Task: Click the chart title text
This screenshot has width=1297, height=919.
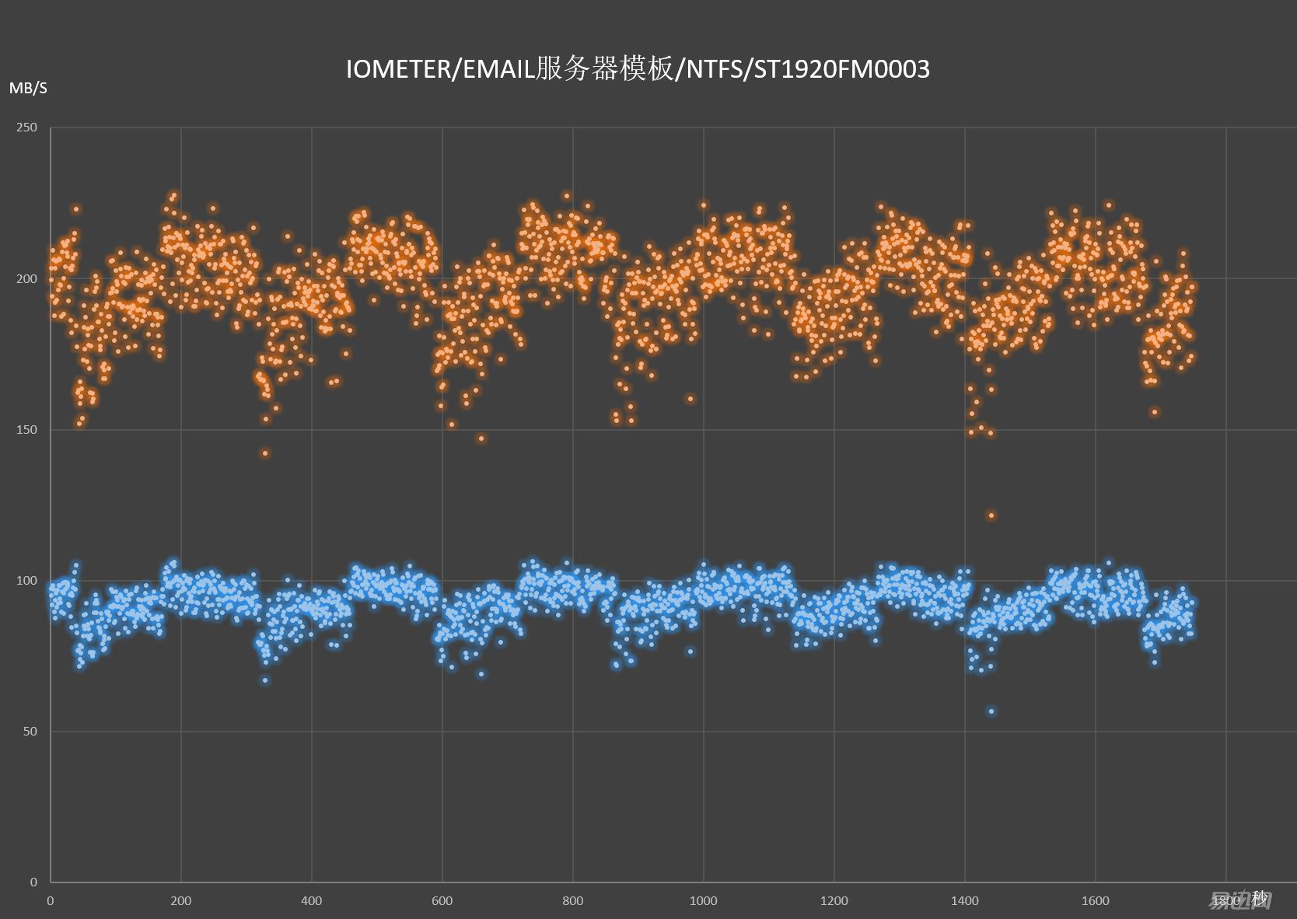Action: (x=638, y=69)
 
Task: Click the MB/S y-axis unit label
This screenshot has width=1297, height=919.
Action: (x=28, y=89)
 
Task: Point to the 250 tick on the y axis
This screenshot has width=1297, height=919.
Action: (x=27, y=128)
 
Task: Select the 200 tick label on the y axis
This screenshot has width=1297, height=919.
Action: (x=27, y=278)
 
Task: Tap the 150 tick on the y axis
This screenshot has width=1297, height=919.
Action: (x=27, y=429)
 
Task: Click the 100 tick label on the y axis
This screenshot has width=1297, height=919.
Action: (x=27, y=580)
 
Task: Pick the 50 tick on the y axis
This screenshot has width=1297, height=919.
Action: (x=30, y=731)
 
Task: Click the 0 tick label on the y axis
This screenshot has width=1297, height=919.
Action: (x=33, y=882)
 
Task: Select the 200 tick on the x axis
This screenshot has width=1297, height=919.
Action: (x=180, y=900)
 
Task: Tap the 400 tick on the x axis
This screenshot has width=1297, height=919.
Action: (x=311, y=900)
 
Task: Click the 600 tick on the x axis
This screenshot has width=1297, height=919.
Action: (x=442, y=900)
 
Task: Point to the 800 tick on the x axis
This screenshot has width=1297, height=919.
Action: (x=572, y=900)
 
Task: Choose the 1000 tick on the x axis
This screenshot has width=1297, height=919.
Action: (x=703, y=900)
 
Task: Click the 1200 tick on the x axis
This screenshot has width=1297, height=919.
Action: (x=834, y=900)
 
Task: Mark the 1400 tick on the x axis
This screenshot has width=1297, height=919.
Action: (x=964, y=900)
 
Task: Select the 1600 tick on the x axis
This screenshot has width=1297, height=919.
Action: (x=1095, y=900)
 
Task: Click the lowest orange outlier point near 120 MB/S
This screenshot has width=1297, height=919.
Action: (x=991, y=515)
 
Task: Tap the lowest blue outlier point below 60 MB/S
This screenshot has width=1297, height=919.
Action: (x=991, y=711)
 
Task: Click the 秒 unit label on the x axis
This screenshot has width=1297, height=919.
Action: (x=1260, y=900)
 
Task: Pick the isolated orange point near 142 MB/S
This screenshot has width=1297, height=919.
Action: (x=265, y=453)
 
